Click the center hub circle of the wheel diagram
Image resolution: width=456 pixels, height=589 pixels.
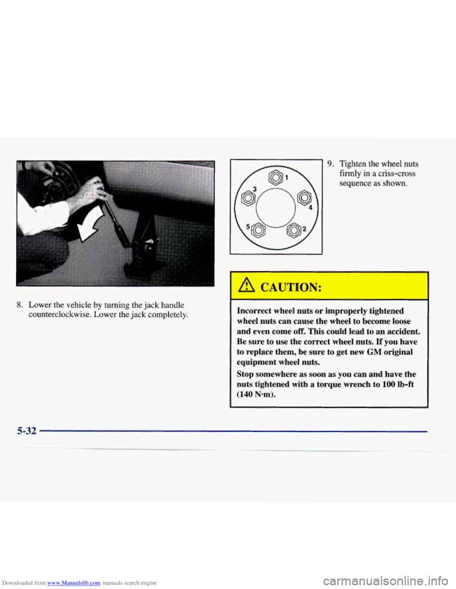[275, 207]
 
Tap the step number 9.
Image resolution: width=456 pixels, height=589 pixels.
[330, 164]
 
